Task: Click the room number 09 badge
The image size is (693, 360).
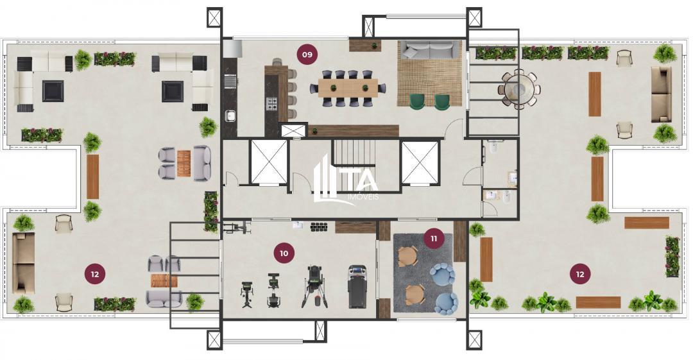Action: [307, 55]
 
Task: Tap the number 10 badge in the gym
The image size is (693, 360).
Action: [284, 253]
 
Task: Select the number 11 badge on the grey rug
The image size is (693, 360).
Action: [434, 239]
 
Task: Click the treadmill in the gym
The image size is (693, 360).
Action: [357, 286]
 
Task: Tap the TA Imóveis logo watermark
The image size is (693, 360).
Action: [346, 180]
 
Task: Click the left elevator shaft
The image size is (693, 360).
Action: [268, 162]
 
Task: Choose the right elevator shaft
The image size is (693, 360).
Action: [420, 162]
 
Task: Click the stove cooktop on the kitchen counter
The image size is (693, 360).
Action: [271, 103]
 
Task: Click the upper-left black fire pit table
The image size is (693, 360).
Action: [53, 90]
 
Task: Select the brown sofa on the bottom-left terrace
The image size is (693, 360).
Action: [24, 262]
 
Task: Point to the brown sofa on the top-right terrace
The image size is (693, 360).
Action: [661, 94]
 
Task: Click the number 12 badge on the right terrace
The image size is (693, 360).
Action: [580, 274]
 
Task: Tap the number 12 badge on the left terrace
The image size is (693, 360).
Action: [94, 274]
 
